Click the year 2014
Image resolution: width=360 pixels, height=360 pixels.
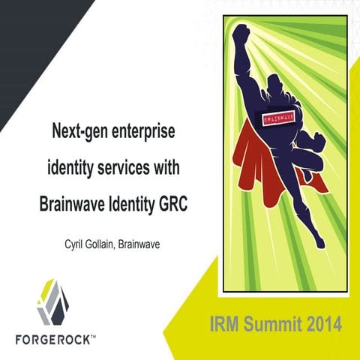pyautogui.click(x=322, y=325)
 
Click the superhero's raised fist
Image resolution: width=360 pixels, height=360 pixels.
pyautogui.click(x=241, y=34)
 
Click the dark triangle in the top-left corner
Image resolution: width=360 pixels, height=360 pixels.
pyautogui.click(x=30, y=37)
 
